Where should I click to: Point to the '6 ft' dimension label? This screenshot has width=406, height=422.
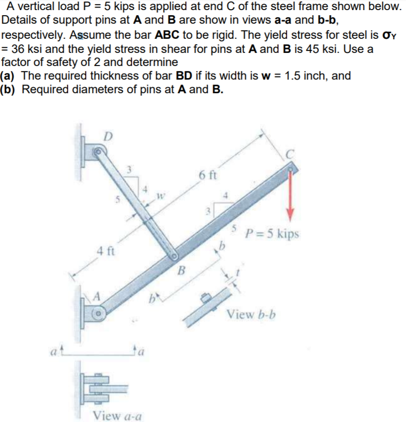(207, 176)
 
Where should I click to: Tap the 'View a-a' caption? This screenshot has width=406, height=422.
(117, 415)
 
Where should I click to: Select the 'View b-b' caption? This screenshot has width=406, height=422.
(251, 315)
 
